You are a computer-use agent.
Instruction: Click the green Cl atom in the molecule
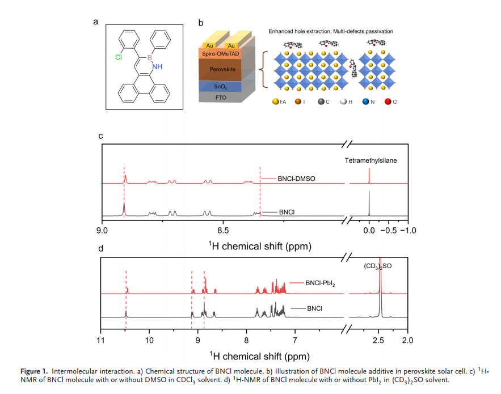[x=119, y=57]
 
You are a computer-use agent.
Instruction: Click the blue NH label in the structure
[x=157, y=66]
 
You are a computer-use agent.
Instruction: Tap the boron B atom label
[x=149, y=58]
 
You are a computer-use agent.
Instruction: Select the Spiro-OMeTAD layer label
[x=221, y=54]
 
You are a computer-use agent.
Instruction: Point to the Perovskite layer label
[x=222, y=69]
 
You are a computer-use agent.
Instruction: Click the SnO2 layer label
[x=221, y=87]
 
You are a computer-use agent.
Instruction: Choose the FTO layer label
[x=221, y=98]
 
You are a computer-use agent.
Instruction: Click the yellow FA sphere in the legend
[x=275, y=101]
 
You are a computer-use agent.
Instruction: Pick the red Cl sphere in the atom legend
[x=388, y=101]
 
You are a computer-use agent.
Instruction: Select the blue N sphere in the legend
[x=365, y=101]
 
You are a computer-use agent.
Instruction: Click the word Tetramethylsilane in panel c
[x=371, y=160]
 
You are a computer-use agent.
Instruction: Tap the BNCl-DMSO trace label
[x=296, y=179]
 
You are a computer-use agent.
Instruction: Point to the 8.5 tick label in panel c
[x=223, y=230]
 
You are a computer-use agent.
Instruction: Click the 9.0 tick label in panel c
[x=102, y=230]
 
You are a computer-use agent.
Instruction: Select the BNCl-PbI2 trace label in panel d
[x=320, y=283]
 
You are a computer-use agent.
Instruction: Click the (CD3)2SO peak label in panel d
[x=378, y=266]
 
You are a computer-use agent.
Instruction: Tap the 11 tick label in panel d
[x=100, y=340]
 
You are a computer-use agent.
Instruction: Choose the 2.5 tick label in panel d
[x=378, y=340]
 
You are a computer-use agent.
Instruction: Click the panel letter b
[x=201, y=23]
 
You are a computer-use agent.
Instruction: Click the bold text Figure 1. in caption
[x=34, y=371]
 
